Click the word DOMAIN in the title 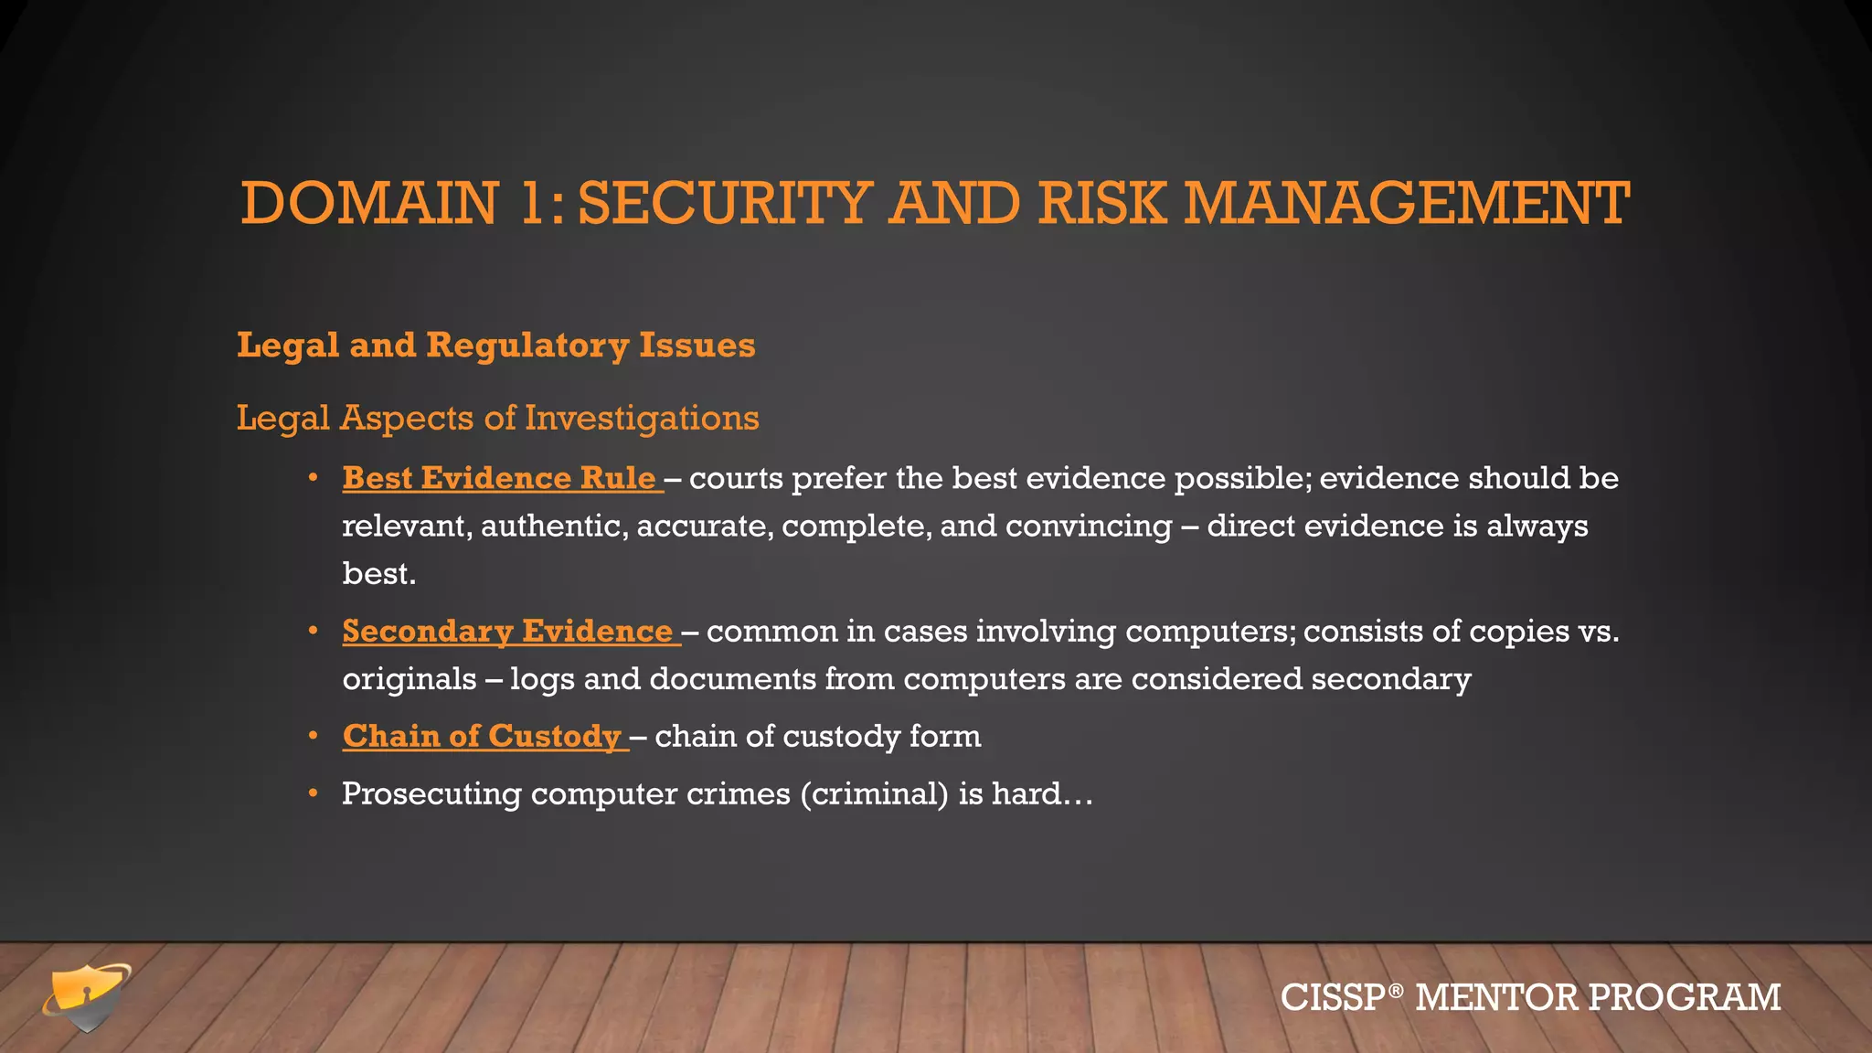[x=369, y=203]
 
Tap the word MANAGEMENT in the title [x=1407, y=203]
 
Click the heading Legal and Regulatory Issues [x=495, y=346]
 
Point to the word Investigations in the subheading [x=642, y=418]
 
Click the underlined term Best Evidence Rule [x=499, y=478]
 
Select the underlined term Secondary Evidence [x=507, y=632]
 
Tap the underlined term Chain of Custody [x=482, y=736]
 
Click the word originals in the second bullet [x=409, y=679]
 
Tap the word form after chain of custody [x=945, y=736]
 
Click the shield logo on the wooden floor [x=87, y=997]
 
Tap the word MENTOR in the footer [x=1495, y=997]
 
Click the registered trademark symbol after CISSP [x=1394, y=990]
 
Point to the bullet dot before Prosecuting [x=313, y=793]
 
